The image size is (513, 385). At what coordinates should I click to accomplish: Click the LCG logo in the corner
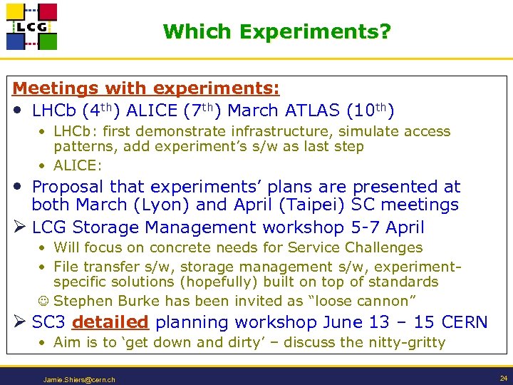[x=31, y=26]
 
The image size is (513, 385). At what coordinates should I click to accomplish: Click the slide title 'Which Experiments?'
[x=276, y=32]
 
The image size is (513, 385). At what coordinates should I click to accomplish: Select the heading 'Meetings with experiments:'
[x=146, y=88]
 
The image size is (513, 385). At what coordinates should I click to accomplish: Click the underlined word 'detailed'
[x=110, y=322]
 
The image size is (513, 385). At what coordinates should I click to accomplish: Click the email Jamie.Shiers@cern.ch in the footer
[x=79, y=379]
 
